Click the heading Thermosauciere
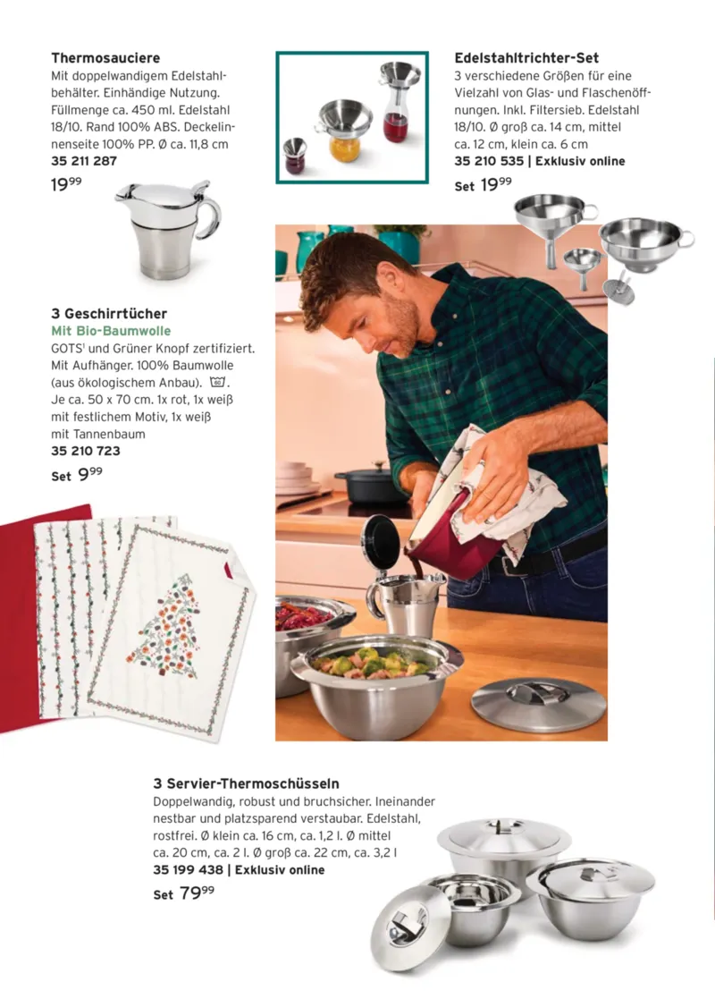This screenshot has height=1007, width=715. (x=105, y=58)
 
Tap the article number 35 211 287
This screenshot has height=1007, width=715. (x=84, y=161)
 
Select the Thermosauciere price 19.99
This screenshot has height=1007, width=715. (x=66, y=185)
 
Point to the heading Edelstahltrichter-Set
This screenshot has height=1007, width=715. (x=526, y=58)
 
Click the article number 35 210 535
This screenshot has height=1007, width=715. (x=489, y=161)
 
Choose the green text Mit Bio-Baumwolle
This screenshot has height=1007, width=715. (x=111, y=331)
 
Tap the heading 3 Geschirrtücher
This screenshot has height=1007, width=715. (x=109, y=314)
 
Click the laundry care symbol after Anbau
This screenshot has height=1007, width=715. (x=218, y=383)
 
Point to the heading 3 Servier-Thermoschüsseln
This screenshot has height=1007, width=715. (x=246, y=783)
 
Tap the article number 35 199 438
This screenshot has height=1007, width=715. (x=188, y=870)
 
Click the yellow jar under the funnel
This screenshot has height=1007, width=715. (x=346, y=149)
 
